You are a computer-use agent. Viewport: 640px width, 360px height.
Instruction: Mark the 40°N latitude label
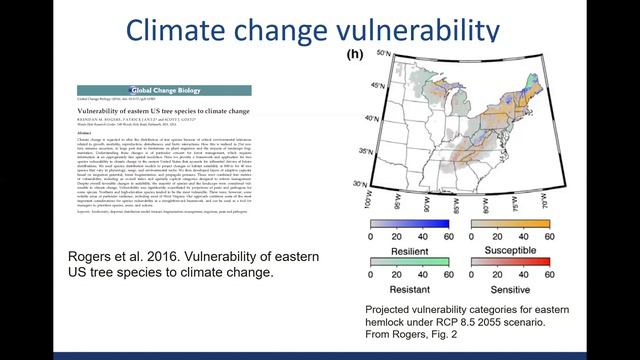pos(347,119)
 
